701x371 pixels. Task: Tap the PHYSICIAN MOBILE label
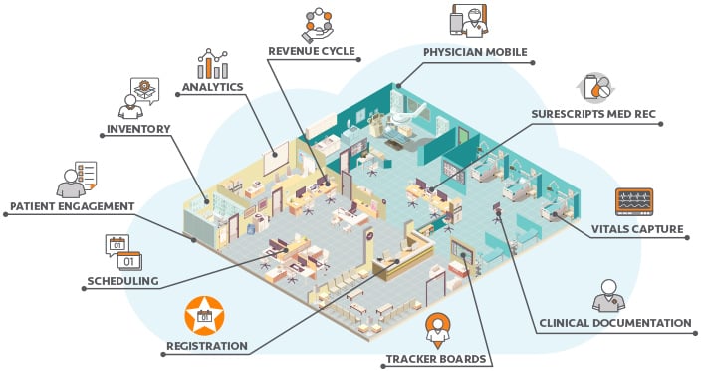pyautogui.click(x=475, y=52)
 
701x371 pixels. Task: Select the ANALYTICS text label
pyautogui.click(x=212, y=87)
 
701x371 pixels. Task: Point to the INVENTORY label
pyautogui.click(x=138, y=128)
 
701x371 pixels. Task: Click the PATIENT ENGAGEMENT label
pyautogui.click(x=72, y=206)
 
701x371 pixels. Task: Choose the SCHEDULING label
pyautogui.click(x=123, y=282)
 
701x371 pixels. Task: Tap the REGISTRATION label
pyautogui.click(x=207, y=346)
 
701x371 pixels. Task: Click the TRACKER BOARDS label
pyautogui.click(x=435, y=358)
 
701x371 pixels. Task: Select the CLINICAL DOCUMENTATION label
pyautogui.click(x=614, y=322)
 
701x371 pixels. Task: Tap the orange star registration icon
pyautogui.click(x=203, y=316)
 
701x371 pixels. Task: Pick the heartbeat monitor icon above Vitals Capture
pyautogui.click(x=634, y=201)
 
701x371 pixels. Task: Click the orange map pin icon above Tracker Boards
pyautogui.click(x=435, y=327)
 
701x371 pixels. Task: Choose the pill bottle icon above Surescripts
pyautogui.click(x=597, y=87)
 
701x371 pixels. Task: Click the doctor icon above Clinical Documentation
pyautogui.click(x=609, y=294)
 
